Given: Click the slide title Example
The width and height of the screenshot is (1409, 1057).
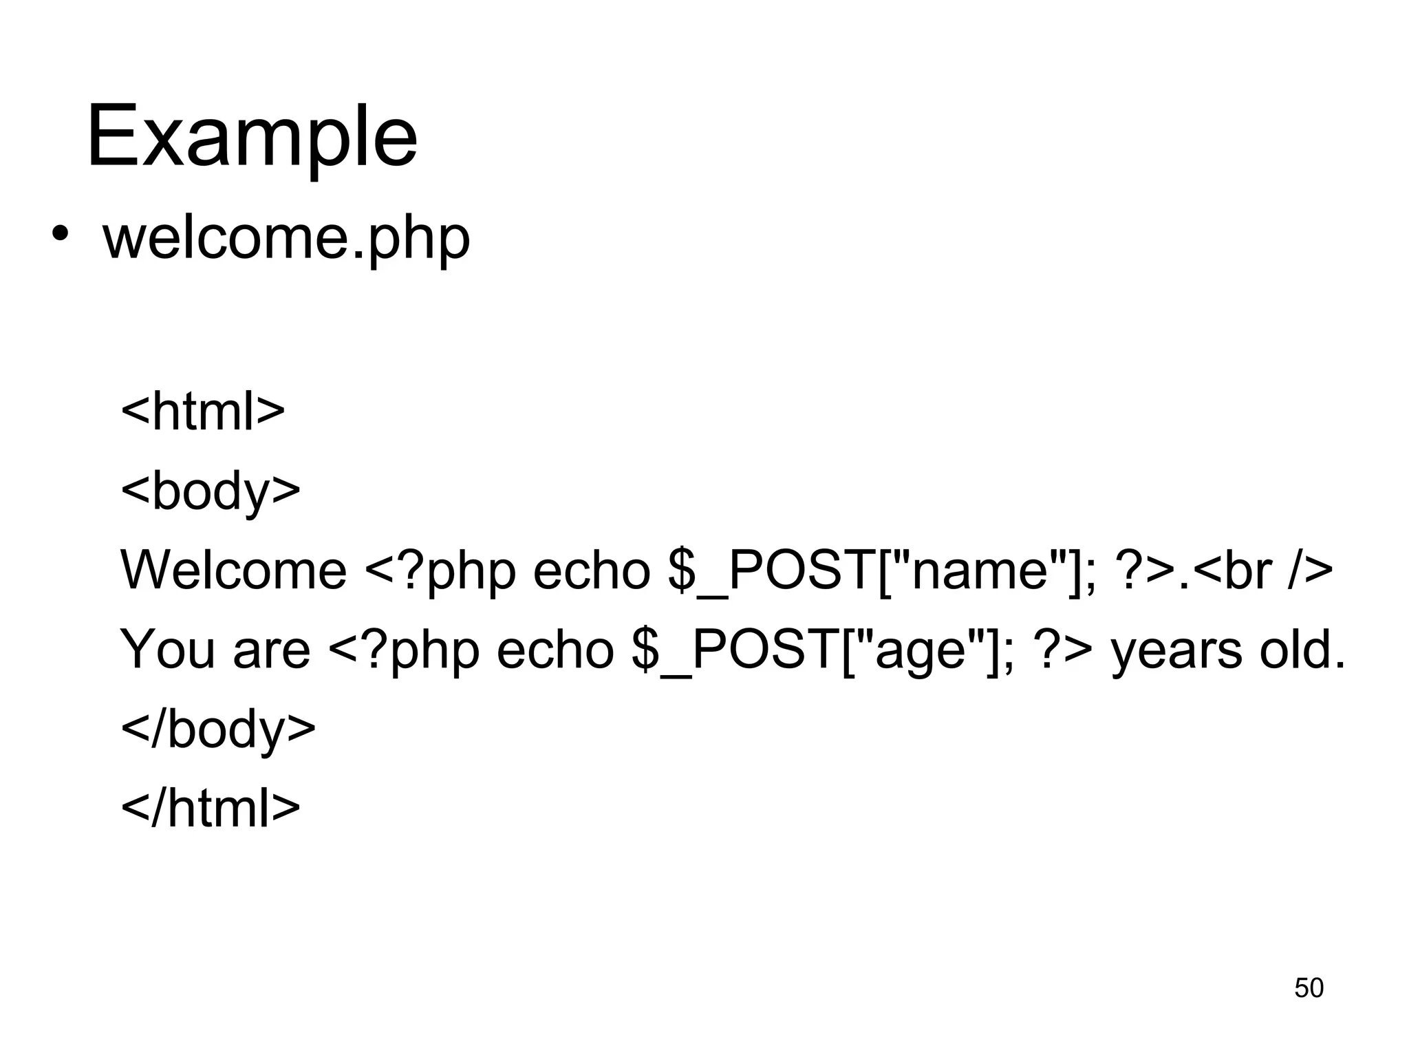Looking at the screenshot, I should (252, 136).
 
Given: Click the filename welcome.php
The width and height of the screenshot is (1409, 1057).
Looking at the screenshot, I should (286, 238).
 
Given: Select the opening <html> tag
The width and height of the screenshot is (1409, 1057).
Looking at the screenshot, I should (202, 412).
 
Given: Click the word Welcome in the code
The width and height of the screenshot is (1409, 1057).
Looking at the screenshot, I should (233, 570).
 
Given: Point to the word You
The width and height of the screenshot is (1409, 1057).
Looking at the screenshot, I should (167, 650).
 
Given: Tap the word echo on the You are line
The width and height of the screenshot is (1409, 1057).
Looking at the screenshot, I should (555, 650).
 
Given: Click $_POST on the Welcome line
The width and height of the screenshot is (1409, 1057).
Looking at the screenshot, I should (771, 570).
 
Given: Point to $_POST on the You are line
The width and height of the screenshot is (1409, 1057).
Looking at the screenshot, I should (733, 650).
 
